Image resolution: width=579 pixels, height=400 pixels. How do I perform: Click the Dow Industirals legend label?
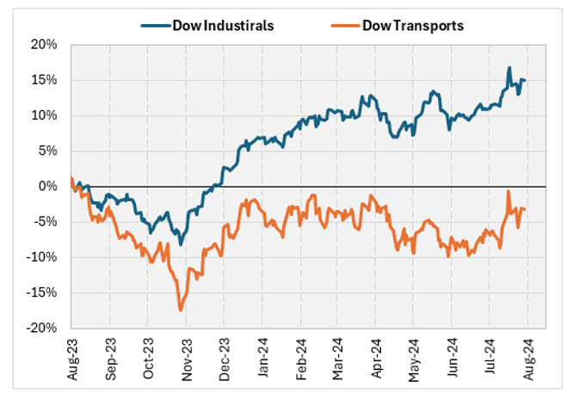tap(222, 25)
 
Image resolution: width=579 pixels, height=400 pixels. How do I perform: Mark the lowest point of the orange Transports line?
tap(181, 310)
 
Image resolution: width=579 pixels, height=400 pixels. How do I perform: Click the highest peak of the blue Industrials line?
tap(509, 68)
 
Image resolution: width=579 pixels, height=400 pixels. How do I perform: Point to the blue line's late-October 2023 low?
tap(181, 244)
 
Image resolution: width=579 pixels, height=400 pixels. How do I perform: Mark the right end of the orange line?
tap(526, 210)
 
